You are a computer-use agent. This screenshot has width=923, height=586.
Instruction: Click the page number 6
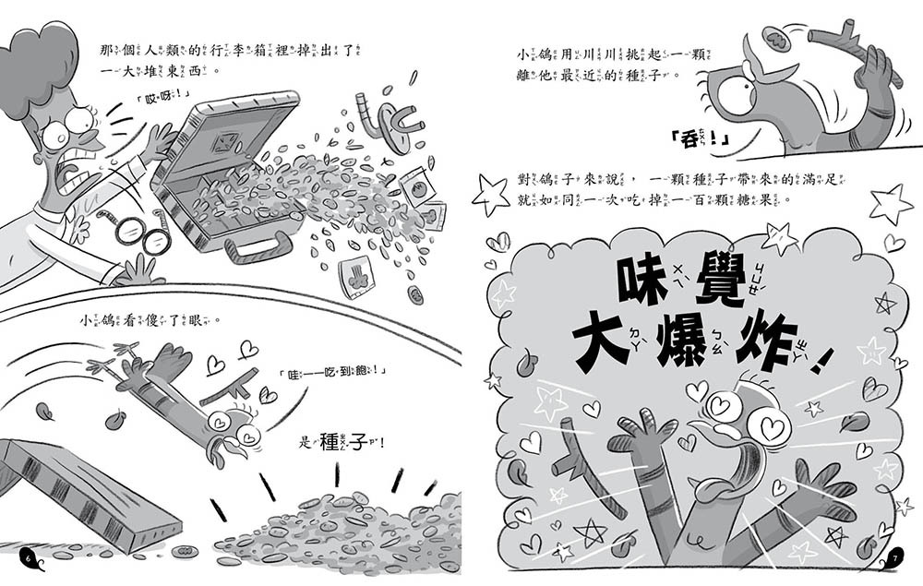pos(29,558)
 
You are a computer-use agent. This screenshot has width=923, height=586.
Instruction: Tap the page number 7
pos(894,558)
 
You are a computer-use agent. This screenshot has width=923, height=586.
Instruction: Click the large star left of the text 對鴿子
pos(490,197)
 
